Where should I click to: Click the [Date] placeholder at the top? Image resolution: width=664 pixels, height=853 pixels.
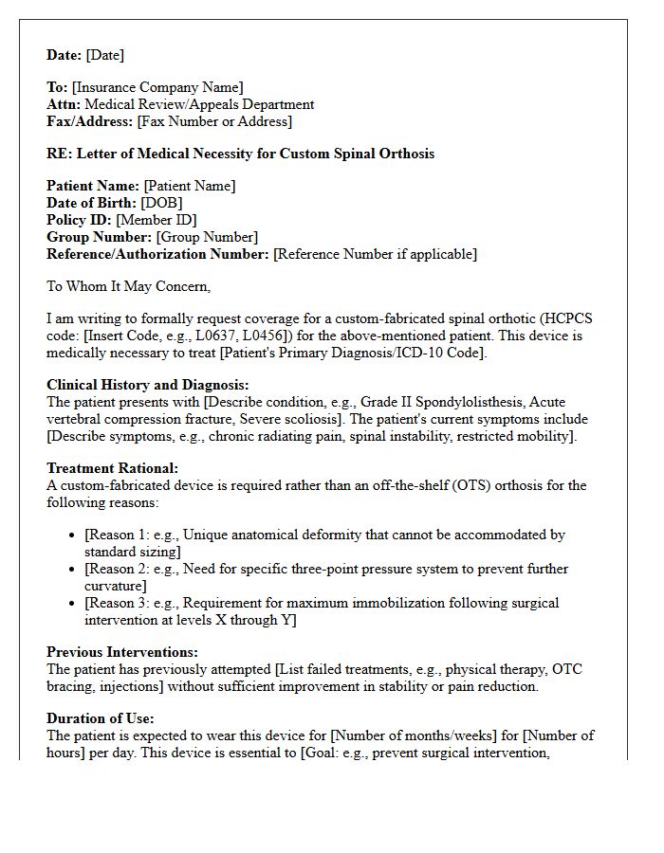105,55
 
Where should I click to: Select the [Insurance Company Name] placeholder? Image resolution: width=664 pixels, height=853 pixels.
157,87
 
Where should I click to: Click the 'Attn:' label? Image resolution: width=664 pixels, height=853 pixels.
64,104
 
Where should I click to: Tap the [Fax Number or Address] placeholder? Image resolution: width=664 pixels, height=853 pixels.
214,121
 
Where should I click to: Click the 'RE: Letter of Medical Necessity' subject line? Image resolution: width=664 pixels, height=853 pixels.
240,154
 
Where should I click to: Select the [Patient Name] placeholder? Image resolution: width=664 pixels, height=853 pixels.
190,186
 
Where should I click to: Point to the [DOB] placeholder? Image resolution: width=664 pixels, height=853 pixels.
161,203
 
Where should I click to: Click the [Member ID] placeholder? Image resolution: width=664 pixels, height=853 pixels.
156,220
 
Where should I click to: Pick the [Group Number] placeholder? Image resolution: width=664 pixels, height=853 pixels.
207,237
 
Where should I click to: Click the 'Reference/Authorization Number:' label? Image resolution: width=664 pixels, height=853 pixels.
157,254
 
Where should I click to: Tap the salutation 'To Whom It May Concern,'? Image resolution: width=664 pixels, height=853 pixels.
128,286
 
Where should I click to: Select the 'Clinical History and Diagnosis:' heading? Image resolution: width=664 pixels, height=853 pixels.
148,385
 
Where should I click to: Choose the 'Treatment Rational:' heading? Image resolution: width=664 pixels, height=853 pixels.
112,468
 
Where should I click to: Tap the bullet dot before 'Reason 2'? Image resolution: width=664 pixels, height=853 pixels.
73,570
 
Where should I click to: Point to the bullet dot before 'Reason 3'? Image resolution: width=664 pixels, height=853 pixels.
73,604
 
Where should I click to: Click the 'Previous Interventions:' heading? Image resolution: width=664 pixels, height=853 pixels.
122,652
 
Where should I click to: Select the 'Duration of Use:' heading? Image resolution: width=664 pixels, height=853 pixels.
101,718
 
